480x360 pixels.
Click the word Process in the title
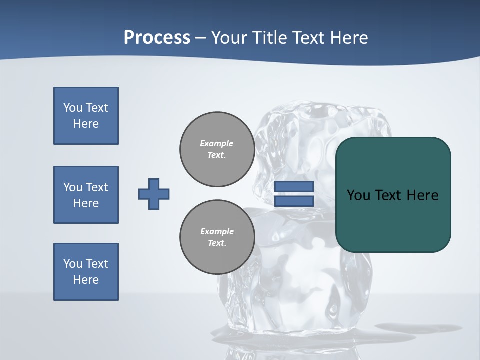[x=157, y=37]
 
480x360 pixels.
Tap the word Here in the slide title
[x=349, y=37]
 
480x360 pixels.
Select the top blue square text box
[x=86, y=116]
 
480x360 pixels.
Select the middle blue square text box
[x=86, y=195]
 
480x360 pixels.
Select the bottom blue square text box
[x=86, y=272]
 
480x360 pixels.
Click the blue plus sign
[x=154, y=194]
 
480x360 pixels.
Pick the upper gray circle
[x=217, y=149]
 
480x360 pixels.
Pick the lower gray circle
[x=217, y=237]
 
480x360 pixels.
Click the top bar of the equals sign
[x=294, y=186]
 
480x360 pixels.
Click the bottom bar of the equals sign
[x=294, y=201]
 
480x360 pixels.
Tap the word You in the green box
[x=358, y=195]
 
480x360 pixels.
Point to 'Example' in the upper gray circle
[x=216, y=143]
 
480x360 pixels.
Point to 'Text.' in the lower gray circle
[x=217, y=243]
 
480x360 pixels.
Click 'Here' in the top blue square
[x=86, y=124]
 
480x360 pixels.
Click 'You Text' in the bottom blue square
[x=86, y=263]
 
